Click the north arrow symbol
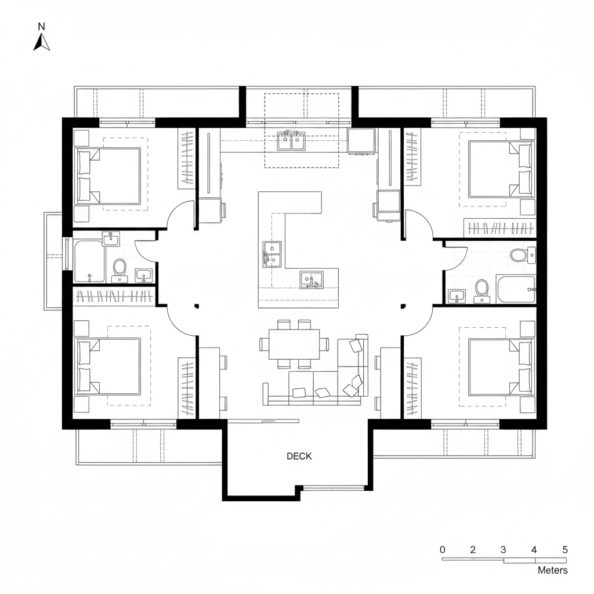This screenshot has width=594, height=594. (41, 42)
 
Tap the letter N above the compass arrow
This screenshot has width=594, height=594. (41, 26)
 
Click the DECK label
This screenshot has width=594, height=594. (299, 457)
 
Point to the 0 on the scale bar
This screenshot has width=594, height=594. (443, 550)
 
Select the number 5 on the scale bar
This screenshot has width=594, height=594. (565, 550)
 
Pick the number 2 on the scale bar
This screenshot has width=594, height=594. (473, 550)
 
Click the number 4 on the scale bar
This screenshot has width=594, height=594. (534, 550)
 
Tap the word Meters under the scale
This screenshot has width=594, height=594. (553, 570)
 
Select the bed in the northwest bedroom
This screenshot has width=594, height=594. (108, 176)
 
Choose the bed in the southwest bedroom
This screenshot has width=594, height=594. (108, 365)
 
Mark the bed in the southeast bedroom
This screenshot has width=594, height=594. (500, 365)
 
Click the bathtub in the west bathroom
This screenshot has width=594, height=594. (89, 262)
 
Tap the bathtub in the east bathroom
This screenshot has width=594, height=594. (516, 289)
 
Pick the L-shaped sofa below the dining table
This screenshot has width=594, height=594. (325, 383)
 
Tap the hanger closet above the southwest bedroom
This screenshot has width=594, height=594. (114, 296)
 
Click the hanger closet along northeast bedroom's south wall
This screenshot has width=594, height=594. (499, 228)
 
